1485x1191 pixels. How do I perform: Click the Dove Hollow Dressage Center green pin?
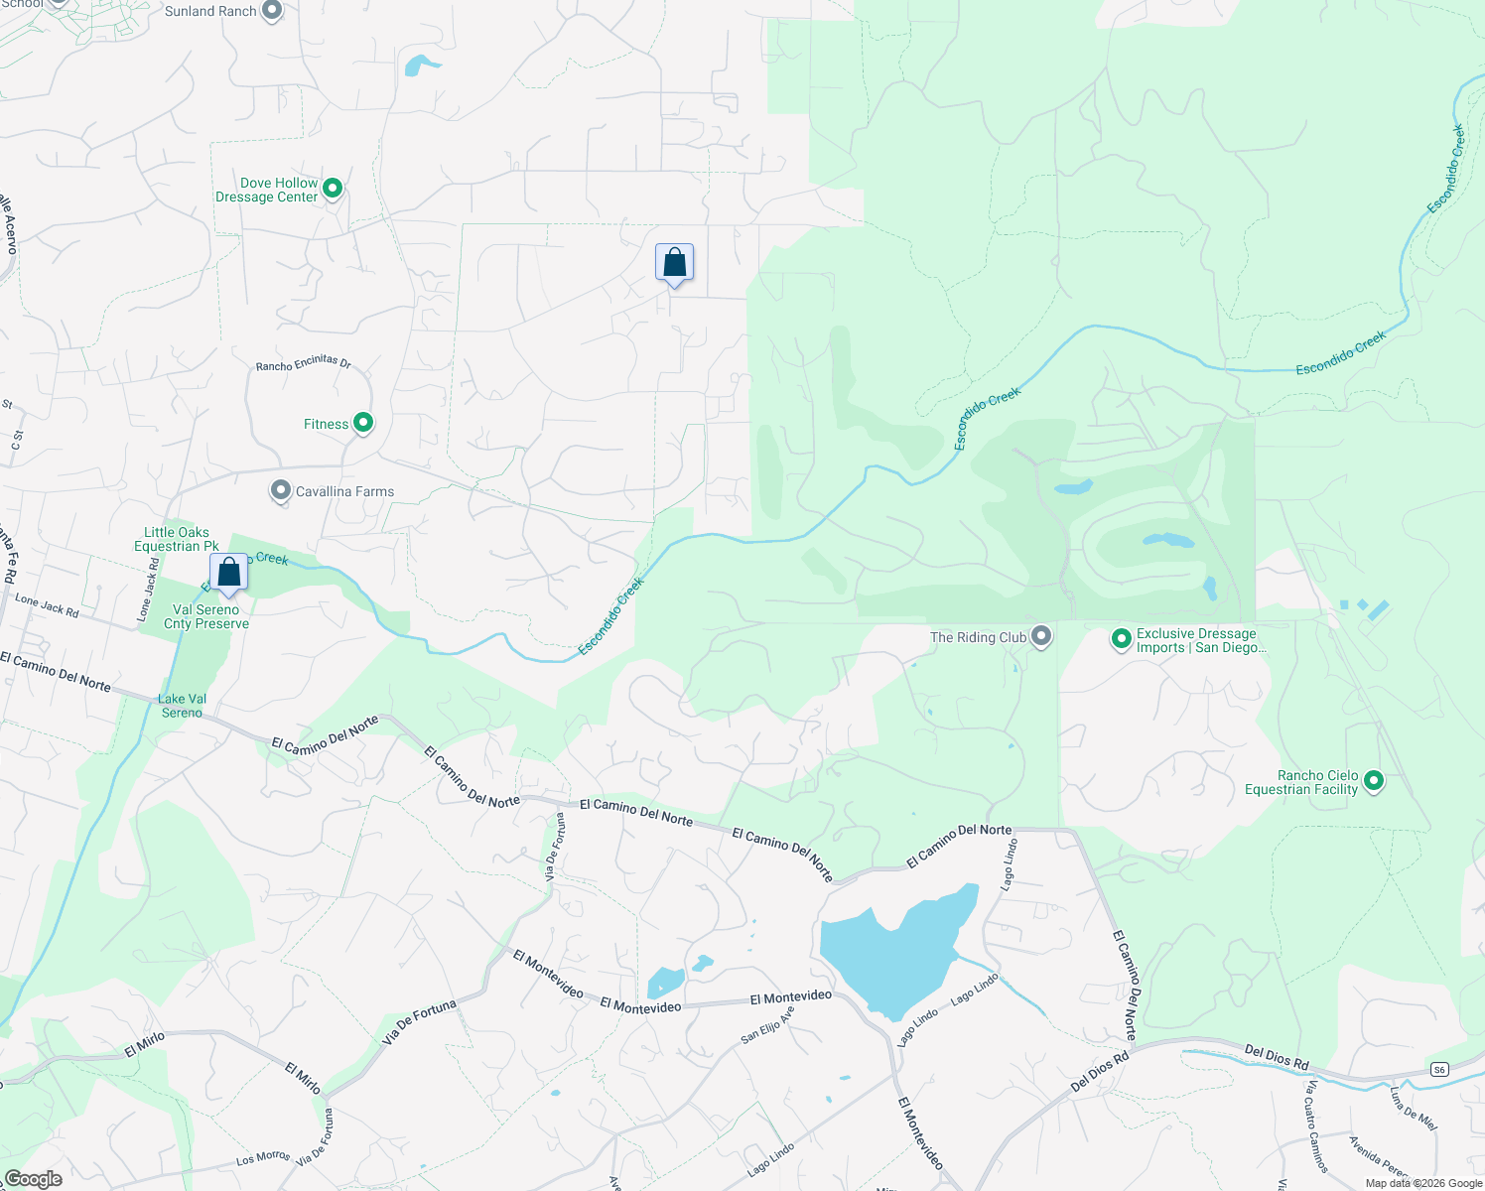(333, 188)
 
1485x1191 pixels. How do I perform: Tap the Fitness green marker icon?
(363, 423)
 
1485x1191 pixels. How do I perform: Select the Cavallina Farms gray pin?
(281, 490)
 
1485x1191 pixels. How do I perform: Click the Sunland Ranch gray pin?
(272, 11)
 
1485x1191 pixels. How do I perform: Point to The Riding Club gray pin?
(1041, 636)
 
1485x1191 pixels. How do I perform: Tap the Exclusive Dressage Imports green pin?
(1122, 639)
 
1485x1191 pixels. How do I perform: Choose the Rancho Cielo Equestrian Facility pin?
(1374, 781)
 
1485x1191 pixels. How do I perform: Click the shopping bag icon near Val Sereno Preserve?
(229, 573)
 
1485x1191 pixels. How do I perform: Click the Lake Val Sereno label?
(182, 706)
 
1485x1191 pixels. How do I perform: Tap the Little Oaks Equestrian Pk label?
(177, 539)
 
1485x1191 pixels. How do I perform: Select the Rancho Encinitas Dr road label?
(304, 363)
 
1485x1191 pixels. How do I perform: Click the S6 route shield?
(1440, 1069)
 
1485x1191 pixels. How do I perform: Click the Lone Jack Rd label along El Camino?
(47, 605)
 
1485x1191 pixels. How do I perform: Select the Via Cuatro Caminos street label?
(1316, 1126)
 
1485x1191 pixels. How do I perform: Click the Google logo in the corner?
(34, 1179)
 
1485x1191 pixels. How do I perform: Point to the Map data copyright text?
(1423, 1183)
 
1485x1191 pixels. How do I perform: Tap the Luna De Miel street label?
(1413, 1108)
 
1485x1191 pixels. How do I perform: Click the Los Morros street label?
(263, 1157)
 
